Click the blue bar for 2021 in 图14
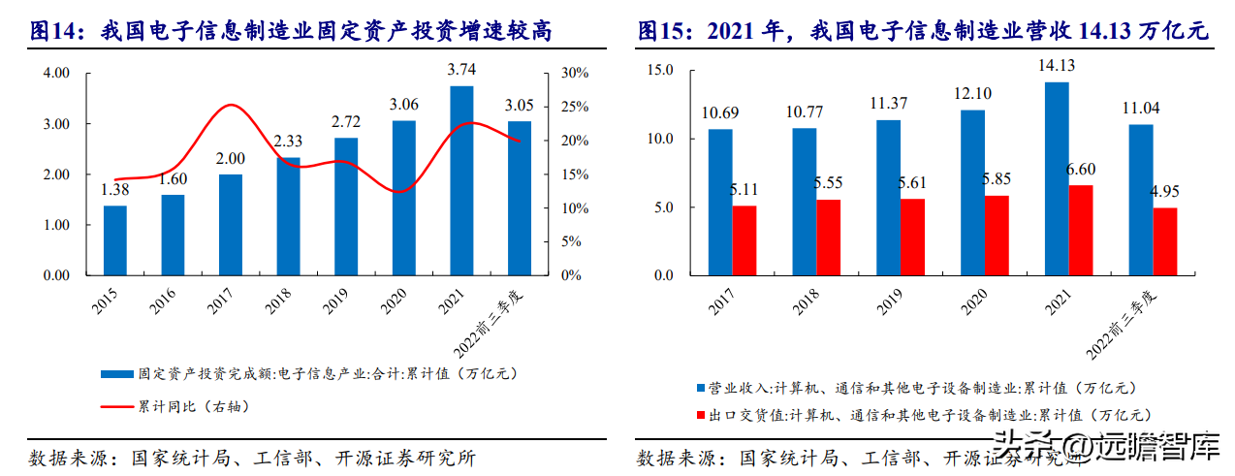[x=461, y=180]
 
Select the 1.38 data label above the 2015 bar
[x=114, y=189]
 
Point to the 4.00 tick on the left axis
[x=57, y=74]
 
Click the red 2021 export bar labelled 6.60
[x=1080, y=230]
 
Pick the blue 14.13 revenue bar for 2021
[x=1057, y=178]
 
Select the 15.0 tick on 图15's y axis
[x=660, y=70]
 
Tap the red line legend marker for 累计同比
[x=117, y=406]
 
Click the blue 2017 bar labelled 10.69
[x=720, y=202]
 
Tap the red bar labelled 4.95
[x=1164, y=241]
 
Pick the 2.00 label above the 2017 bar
[x=231, y=158]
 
